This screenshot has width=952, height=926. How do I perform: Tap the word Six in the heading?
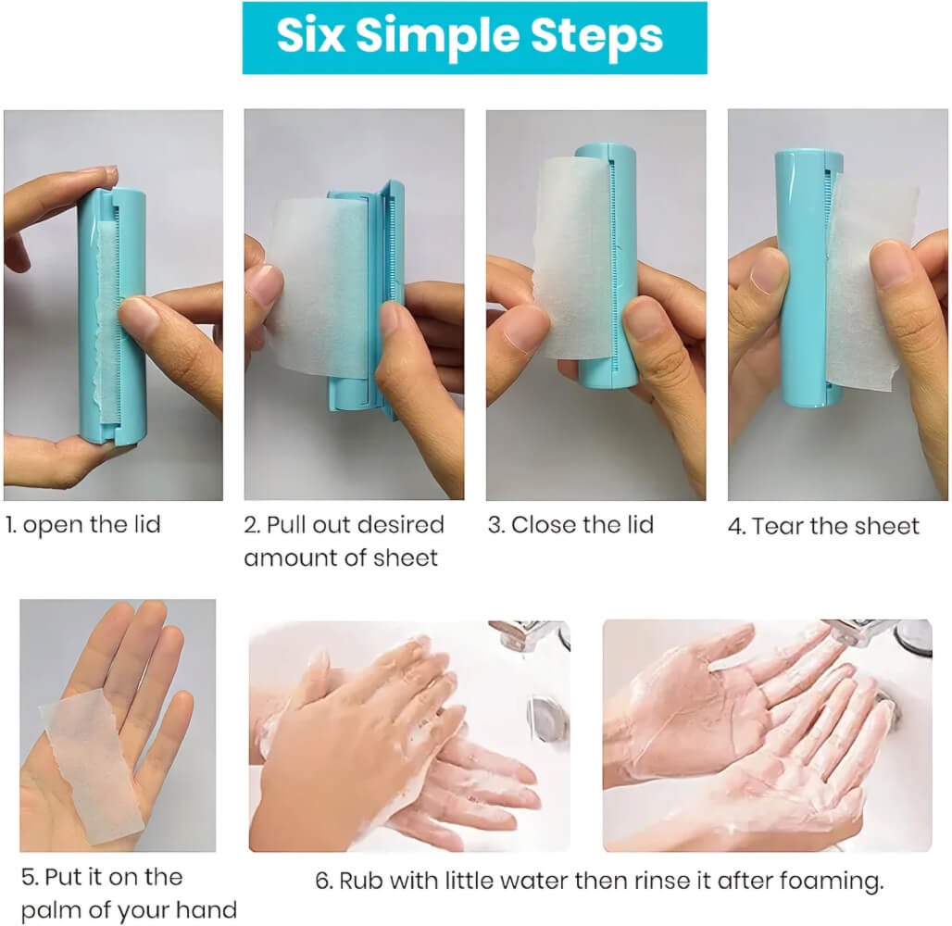click(x=311, y=35)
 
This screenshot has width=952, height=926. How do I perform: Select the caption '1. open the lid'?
click(x=83, y=525)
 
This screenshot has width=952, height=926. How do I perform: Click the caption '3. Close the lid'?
click(x=570, y=525)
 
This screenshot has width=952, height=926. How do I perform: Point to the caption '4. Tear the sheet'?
click(x=824, y=526)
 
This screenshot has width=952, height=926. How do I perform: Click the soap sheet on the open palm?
click(x=91, y=767)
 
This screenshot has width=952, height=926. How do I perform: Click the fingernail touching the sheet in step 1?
click(x=138, y=315)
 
